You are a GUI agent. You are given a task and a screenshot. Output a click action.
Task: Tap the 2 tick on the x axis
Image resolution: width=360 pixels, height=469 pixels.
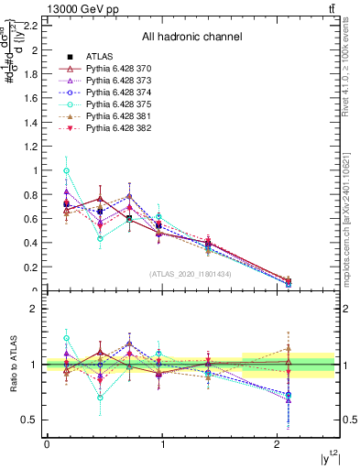[278, 444]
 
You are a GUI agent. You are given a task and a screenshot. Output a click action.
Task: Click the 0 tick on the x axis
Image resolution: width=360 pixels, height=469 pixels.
[47, 444]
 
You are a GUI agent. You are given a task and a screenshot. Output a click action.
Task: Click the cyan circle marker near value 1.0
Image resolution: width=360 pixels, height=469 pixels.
[66, 170]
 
